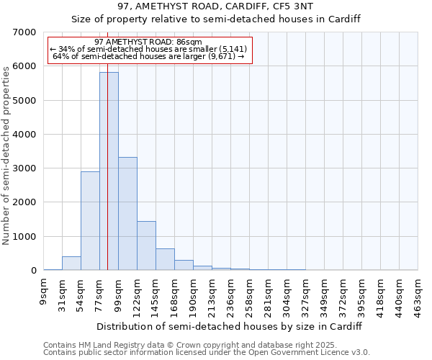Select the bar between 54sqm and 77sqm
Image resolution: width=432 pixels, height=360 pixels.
tap(90, 220)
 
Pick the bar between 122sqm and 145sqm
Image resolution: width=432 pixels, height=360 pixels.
tap(146, 246)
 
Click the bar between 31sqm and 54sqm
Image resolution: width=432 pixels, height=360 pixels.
tap(71, 263)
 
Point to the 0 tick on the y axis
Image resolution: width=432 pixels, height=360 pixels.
tap(32, 271)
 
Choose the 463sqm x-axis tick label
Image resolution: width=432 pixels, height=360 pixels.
tap(418, 294)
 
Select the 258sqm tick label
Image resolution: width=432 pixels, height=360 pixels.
tap(250, 294)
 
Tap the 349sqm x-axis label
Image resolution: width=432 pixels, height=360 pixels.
tap(325, 294)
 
